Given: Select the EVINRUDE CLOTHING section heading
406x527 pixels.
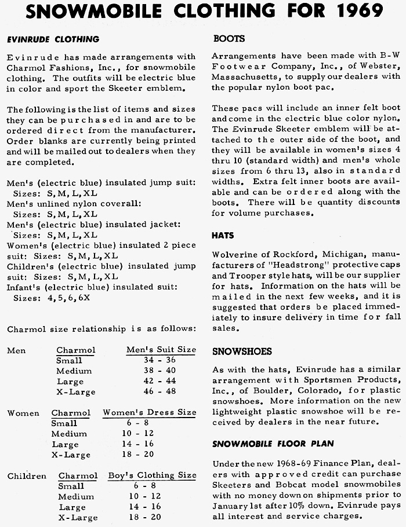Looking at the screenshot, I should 53,39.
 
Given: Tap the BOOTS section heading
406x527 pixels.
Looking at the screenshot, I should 229,39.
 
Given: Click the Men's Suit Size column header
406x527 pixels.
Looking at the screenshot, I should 161,350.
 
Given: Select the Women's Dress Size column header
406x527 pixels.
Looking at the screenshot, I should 149,412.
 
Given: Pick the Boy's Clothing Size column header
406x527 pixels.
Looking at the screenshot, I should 152,475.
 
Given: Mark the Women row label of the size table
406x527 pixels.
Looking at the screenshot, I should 23,413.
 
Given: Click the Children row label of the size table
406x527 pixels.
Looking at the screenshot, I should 27,476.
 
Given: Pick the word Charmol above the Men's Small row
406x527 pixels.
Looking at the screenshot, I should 75,350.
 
